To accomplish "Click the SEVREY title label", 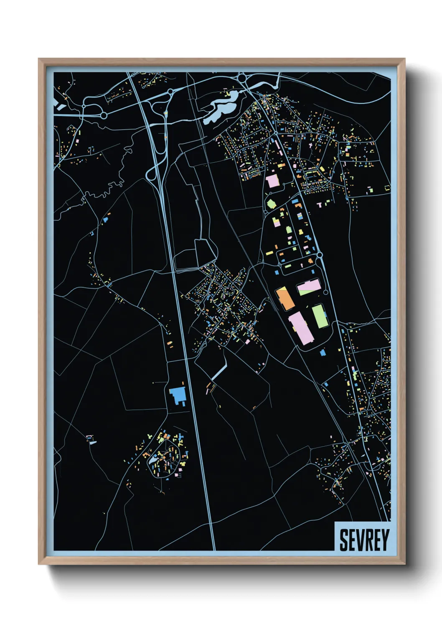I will (363, 540).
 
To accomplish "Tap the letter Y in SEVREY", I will (384, 540).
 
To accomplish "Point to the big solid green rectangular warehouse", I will (320, 316).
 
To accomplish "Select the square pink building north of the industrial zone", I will (272, 181).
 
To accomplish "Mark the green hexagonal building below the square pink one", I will (271, 204).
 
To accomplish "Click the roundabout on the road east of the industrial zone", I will (320, 254).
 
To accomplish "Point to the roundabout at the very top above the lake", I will (241, 77).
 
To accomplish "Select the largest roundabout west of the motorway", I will (104, 115).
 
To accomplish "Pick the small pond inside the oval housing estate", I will (154, 460).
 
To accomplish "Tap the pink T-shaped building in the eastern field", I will (320, 205).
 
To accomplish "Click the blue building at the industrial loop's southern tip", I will (323, 353).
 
